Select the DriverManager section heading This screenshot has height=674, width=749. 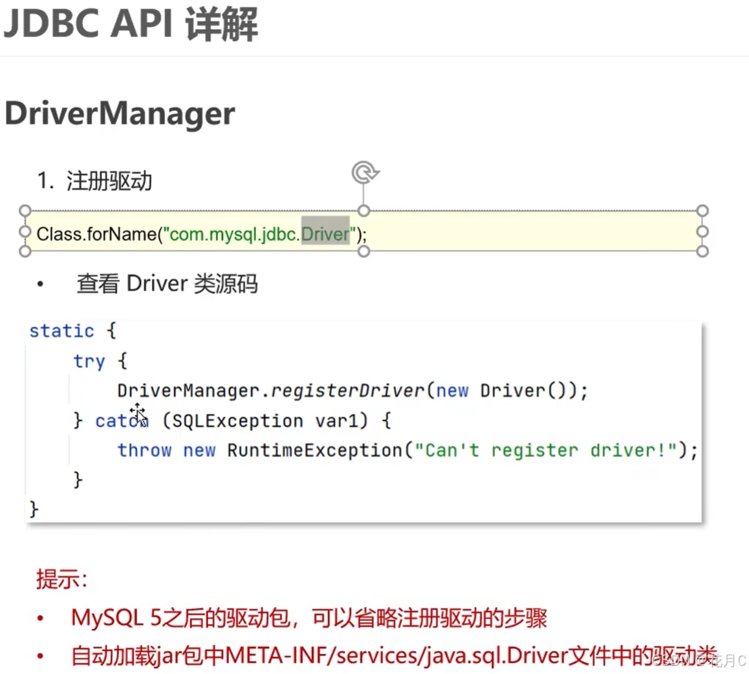coord(120,113)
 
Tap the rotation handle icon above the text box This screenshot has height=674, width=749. coord(364,173)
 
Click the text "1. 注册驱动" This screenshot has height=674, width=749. coord(95,181)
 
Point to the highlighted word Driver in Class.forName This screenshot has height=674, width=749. coord(325,234)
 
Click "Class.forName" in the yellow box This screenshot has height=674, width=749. coord(96,234)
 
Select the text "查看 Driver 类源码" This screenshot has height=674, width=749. coord(167,284)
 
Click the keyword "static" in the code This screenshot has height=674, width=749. coord(61,331)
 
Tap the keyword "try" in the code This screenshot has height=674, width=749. coord(89,361)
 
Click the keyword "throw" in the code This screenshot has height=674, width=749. coord(145,450)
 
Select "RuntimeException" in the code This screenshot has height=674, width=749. coord(314,450)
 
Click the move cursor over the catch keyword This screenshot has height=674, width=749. coord(138,413)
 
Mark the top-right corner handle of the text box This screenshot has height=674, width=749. coord(702,211)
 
